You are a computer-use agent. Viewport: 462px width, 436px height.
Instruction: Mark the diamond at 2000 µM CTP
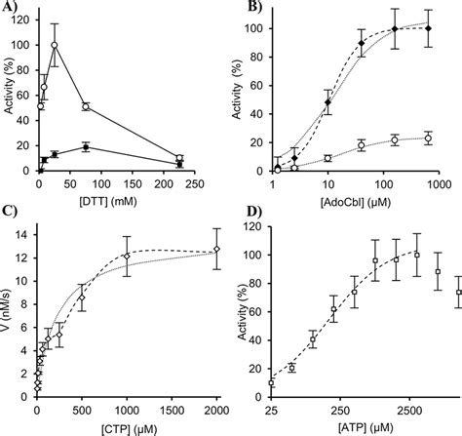tap(216, 250)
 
